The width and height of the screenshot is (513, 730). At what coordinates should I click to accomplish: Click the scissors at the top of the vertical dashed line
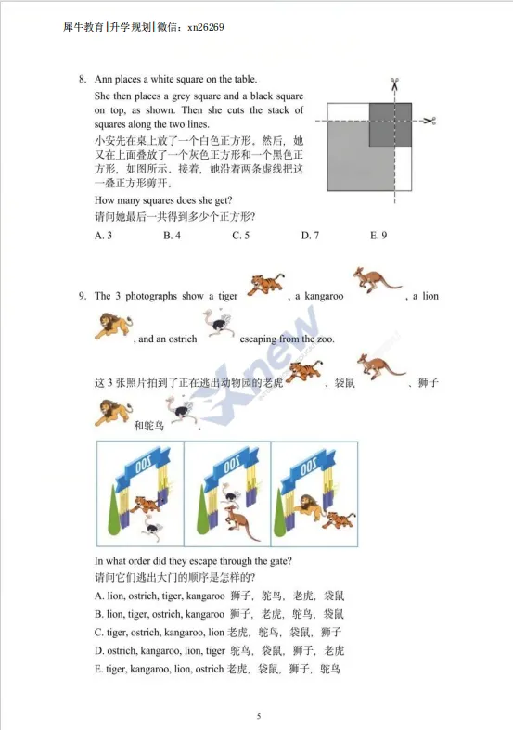394,83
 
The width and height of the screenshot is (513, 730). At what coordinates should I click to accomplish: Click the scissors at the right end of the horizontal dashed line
430,121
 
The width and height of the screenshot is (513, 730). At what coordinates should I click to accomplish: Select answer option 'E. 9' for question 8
378,236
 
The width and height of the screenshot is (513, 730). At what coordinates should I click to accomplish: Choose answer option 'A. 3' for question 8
104,236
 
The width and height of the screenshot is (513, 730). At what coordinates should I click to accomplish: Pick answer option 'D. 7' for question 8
310,236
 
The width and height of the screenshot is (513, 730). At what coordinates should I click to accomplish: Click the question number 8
83,79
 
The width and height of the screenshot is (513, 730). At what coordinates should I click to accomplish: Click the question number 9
83,296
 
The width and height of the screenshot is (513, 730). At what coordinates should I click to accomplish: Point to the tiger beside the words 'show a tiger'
266,284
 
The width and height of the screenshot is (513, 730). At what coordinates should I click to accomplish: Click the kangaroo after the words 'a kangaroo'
377,279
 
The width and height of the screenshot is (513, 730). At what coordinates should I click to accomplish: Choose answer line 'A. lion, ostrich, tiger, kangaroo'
160,596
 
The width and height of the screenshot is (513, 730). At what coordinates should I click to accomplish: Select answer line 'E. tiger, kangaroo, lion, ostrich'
159,669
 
